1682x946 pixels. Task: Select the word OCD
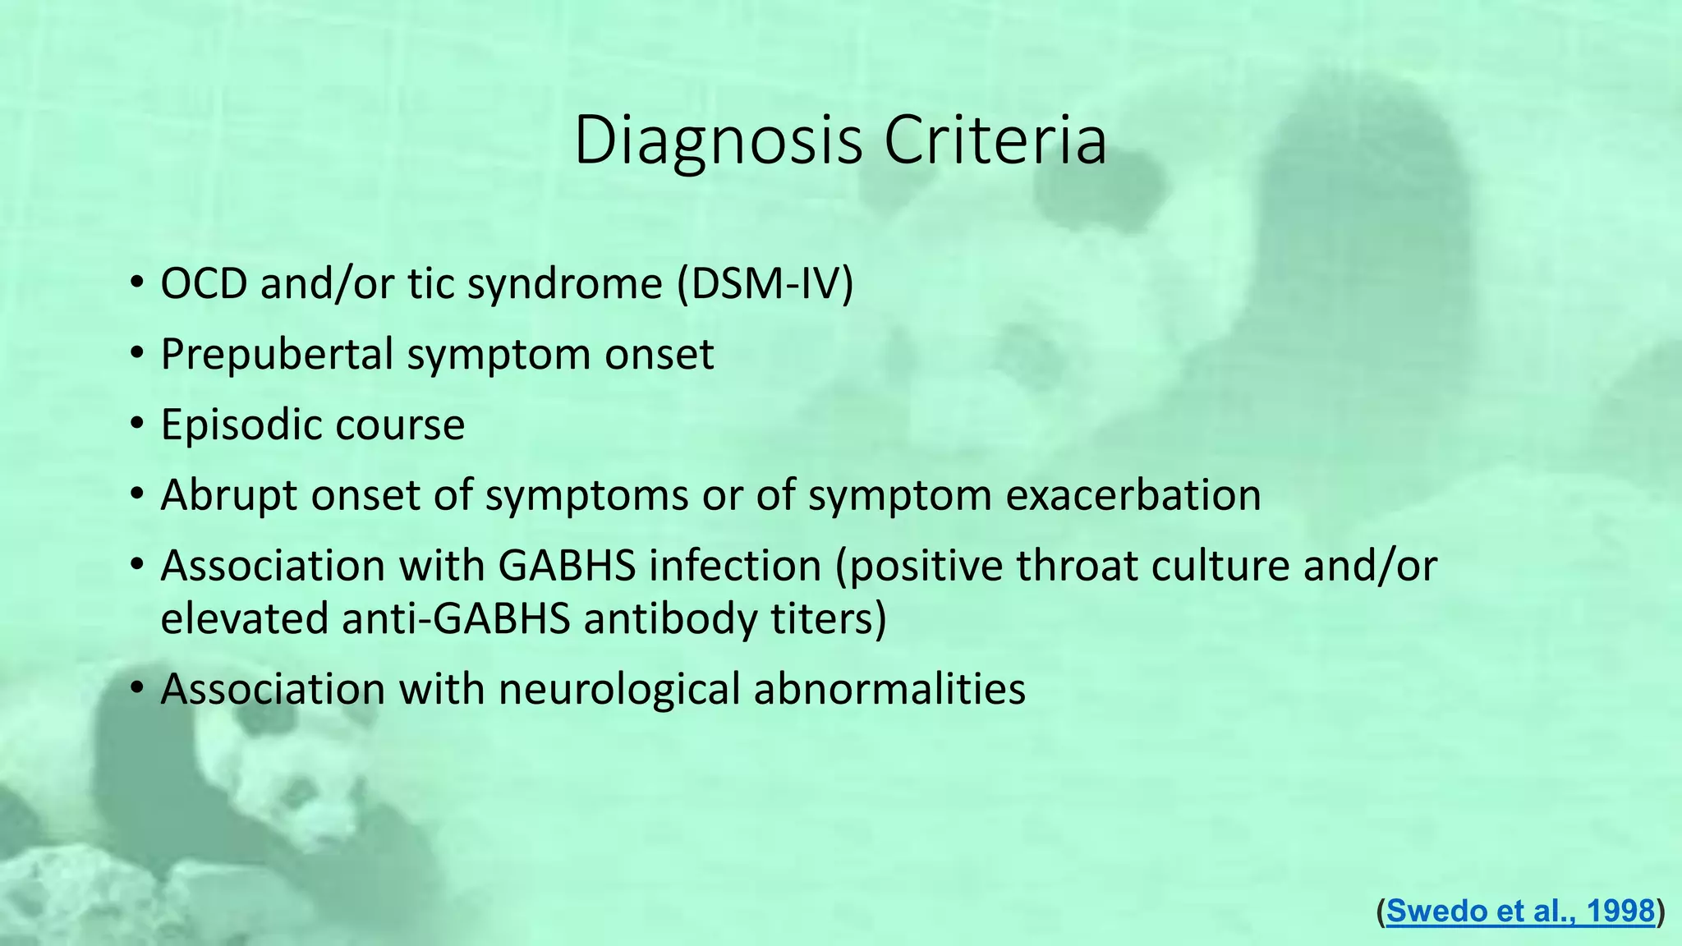[204, 284]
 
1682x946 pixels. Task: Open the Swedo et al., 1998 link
[1520, 911]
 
